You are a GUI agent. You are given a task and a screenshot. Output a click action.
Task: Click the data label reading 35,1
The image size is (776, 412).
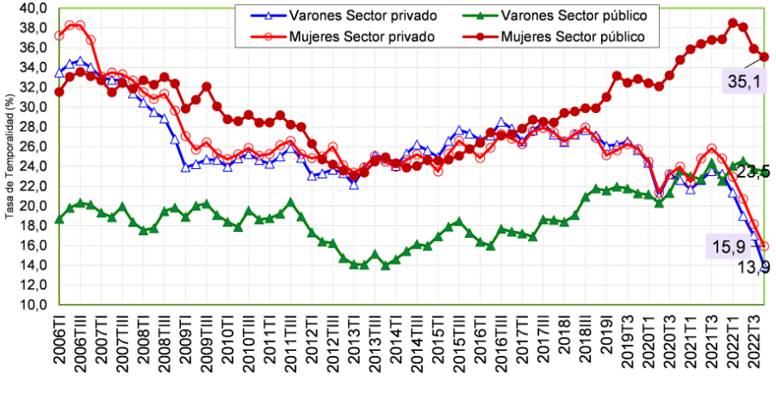click(x=743, y=84)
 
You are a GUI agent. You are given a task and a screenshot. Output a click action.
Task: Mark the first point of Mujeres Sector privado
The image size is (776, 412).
click(x=59, y=36)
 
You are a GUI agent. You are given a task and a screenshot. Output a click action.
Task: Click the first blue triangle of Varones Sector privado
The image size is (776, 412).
click(x=59, y=73)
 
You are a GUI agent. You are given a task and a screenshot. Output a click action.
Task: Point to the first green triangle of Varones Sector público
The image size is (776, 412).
click(x=59, y=220)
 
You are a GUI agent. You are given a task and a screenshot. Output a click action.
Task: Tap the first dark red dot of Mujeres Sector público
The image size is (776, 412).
click(x=59, y=92)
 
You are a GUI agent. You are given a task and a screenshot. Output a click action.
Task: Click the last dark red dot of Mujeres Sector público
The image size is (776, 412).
click(x=765, y=57)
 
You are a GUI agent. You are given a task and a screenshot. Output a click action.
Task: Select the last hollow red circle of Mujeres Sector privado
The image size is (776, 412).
click(x=765, y=247)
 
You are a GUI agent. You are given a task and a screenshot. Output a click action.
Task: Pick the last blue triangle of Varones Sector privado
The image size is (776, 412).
click(x=765, y=268)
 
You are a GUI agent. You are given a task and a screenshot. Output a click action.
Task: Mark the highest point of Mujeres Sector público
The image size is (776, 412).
click(x=732, y=22)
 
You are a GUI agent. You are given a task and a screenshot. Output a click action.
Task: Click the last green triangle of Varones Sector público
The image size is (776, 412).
click(x=765, y=172)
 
